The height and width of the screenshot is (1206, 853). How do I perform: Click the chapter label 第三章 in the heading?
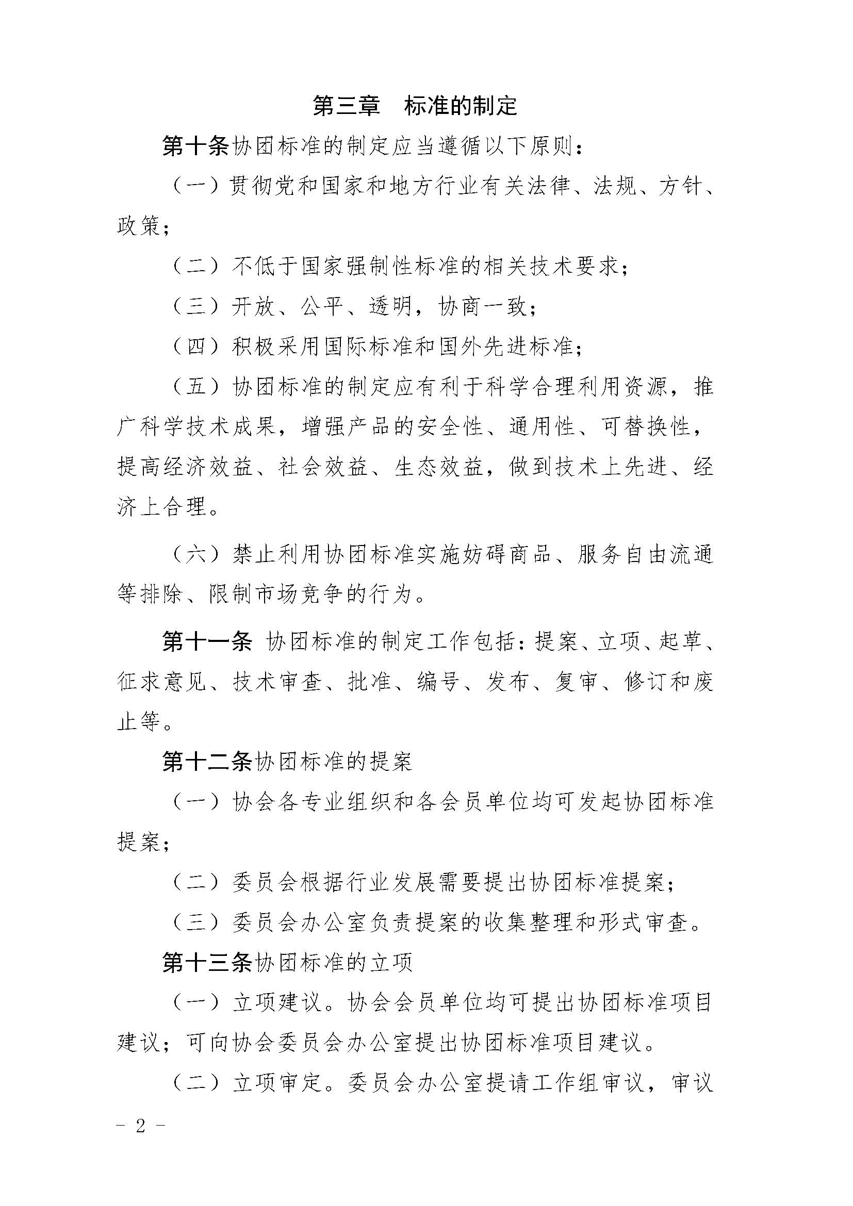click(346, 106)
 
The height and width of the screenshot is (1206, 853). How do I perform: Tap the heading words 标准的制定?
click(461, 106)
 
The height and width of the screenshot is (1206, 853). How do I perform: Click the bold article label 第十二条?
click(207, 762)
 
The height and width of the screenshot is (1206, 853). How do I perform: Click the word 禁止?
click(254, 555)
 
